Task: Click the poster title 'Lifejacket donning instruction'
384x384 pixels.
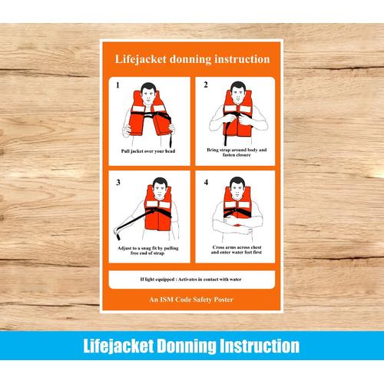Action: [x=192, y=58]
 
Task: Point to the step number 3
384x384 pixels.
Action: [x=118, y=184]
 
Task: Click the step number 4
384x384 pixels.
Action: [x=206, y=184]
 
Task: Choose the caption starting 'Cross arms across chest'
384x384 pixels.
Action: [x=236, y=250]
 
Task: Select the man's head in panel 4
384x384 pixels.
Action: [x=237, y=189]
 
